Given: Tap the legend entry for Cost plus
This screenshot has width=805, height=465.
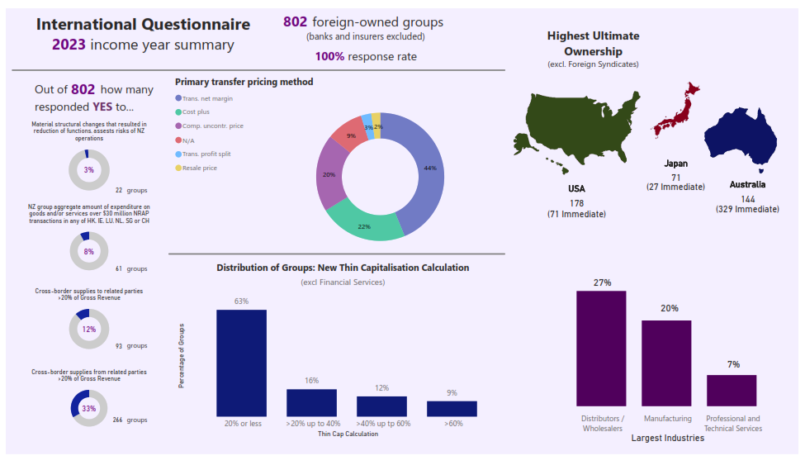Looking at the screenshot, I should tap(196, 112).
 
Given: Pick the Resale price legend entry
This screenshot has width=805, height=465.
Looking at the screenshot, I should tap(200, 168).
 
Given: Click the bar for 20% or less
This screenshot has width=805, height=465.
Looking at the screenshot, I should tap(241, 363).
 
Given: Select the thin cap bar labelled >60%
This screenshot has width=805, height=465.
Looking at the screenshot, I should tap(452, 408).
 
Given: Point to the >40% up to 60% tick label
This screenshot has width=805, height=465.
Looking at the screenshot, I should tap(381, 424).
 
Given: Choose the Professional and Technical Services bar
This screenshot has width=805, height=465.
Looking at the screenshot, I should tap(732, 390).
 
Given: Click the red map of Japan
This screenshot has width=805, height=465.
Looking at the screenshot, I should tap(676, 112).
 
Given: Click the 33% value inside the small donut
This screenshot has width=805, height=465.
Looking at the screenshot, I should tap(89, 408).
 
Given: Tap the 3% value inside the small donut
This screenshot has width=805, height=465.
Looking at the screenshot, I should tap(89, 170).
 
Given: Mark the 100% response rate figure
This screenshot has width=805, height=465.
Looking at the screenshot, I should tap(330, 57).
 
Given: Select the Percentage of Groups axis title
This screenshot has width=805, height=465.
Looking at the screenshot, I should tap(181, 356).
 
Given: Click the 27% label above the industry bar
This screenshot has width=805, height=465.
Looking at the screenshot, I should tap(602, 282).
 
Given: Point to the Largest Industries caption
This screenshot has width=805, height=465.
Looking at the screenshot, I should tap(667, 439).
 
